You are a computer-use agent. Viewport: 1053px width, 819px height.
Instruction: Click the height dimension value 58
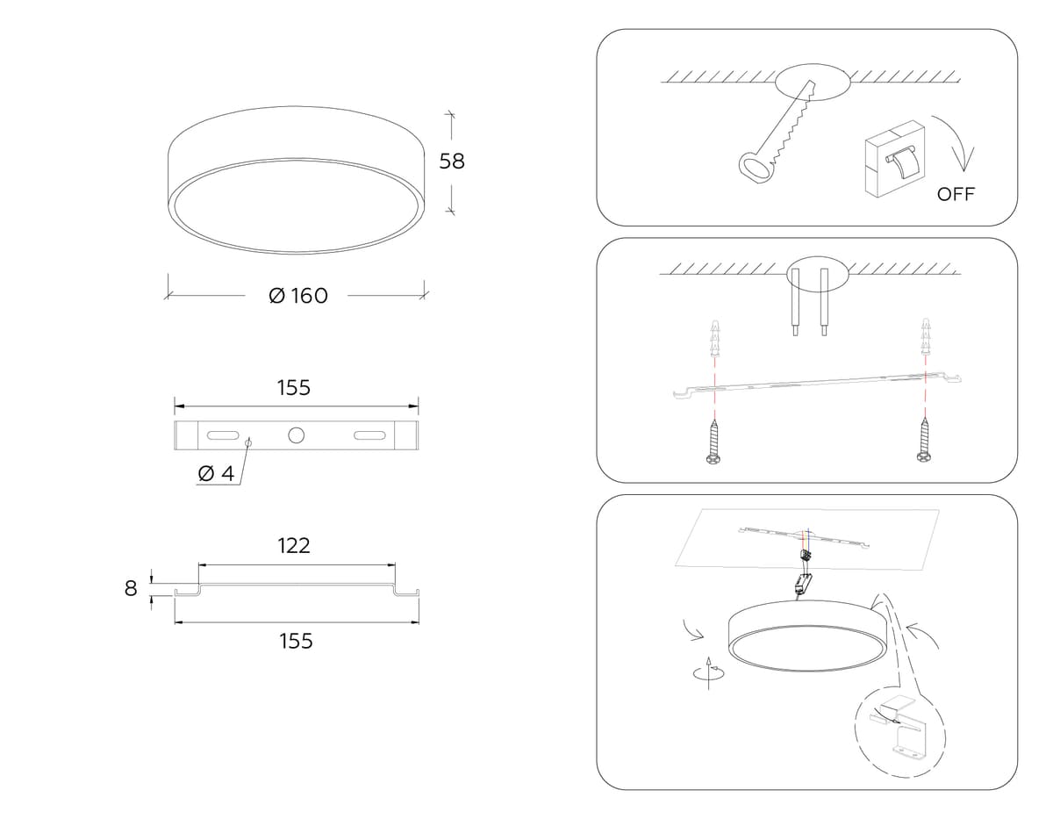tap(452, 162)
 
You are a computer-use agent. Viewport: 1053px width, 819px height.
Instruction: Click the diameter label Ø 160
tap(298, 296)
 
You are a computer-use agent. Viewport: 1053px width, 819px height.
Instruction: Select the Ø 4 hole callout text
tap(216, 473)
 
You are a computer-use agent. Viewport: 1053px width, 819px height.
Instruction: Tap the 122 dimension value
tap(294, 546)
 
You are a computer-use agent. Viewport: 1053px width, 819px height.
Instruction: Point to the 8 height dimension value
tap(131, 588)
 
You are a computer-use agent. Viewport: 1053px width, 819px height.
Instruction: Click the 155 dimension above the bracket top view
tap(294, 388)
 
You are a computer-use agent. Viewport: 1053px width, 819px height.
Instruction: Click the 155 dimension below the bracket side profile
tap(296, 641)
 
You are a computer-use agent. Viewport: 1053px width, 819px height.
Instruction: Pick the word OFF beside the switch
tap(956, 194)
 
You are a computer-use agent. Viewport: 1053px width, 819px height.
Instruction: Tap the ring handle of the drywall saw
tap(754, 169)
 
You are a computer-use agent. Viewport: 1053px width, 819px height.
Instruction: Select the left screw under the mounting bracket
tap(713, 442)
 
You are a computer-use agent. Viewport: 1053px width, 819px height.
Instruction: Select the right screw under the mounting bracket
tap(924, 440)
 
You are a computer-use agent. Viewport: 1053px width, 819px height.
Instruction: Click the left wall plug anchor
tap(715, 337)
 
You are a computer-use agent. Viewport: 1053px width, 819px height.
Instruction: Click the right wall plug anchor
tap(926, 336)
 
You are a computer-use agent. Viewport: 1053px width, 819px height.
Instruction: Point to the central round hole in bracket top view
tap(296, 435)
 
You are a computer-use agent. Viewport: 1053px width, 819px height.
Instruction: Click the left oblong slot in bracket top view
tap(223, 435)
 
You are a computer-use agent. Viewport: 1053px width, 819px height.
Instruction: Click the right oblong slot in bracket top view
tap(369, 435)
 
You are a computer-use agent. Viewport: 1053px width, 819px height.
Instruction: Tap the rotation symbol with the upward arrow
tap(709, 672)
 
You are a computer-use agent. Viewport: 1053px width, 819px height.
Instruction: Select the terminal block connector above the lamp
tap(806, 556)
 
